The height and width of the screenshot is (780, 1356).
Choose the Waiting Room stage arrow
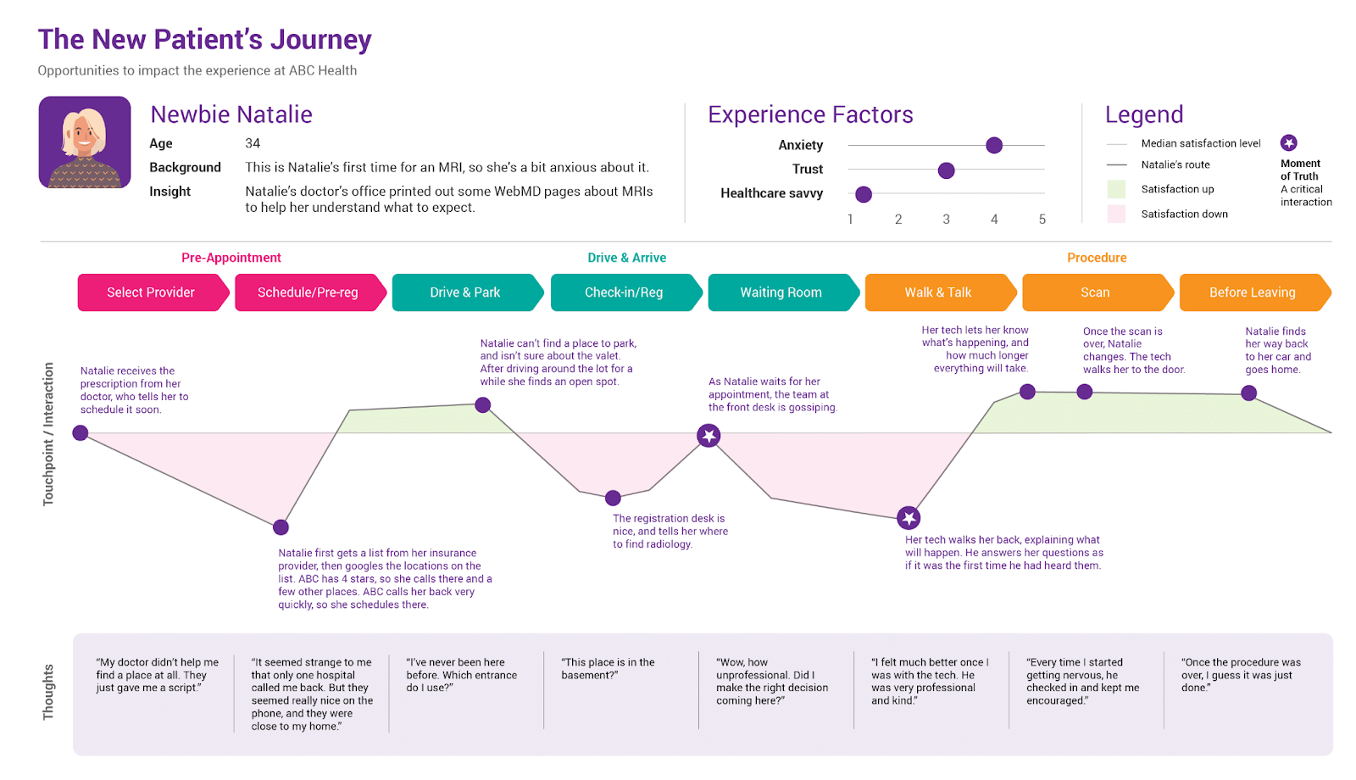point(783,292)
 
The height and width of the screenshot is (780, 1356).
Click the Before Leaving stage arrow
point(1255,292)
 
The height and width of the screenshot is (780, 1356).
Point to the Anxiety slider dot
point(994,145)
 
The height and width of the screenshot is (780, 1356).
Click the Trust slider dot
point(946,170)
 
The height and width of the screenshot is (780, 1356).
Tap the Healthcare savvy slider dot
point(864,194)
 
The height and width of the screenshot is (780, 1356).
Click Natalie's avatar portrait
point(85,142)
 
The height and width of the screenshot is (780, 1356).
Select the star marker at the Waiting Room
point(709,436)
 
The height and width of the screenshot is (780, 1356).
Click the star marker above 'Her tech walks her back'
point(908,518)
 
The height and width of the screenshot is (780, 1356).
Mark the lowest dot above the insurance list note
point(281,526)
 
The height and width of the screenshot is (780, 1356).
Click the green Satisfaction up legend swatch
point(1116,189)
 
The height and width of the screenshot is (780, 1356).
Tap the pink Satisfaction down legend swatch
point(1116,214)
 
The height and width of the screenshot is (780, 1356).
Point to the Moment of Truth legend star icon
point(1289,143)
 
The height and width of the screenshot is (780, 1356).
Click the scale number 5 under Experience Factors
point(1042,220)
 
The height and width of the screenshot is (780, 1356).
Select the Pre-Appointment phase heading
point(231,258)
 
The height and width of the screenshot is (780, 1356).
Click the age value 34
point(253,143)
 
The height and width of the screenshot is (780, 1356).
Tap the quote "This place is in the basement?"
point(608,669)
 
